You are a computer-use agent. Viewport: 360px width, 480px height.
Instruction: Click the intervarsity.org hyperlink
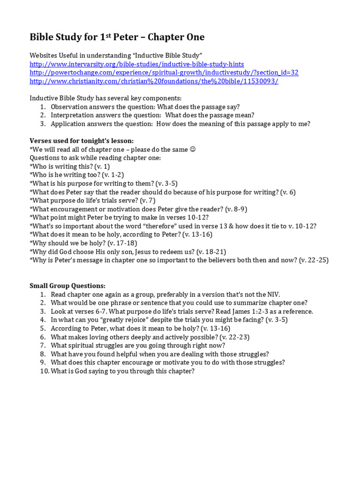(x=136, y=64)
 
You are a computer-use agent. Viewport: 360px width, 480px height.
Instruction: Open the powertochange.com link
(x=164, y=73)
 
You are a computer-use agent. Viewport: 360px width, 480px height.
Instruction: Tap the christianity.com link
(x=154, y=81)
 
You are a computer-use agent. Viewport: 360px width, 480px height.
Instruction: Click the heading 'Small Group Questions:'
(x=67, y=285)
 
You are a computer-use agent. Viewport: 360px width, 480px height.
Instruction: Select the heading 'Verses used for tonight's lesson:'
(x=82, y=141)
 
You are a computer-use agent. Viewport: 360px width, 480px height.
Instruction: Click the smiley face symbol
(x=192, y=150)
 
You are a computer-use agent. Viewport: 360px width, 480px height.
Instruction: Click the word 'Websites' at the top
(x=44, y=56)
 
